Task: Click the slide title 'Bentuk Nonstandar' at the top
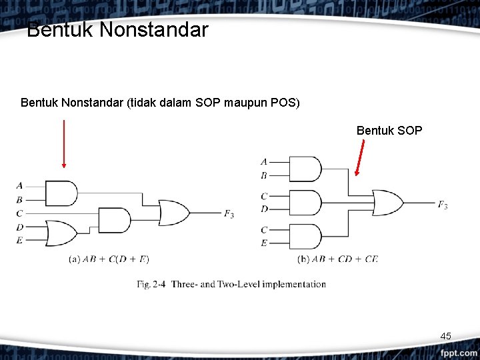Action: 117,30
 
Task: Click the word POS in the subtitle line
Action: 283,103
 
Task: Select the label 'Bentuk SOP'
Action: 389,130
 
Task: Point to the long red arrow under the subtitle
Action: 64,143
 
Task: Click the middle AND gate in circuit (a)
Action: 114,220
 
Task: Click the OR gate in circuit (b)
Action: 387,202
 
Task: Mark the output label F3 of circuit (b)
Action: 443,205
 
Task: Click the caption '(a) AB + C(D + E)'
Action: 109,259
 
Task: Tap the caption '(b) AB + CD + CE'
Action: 337,259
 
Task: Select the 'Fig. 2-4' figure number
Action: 151,285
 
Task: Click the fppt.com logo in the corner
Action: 457,351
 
